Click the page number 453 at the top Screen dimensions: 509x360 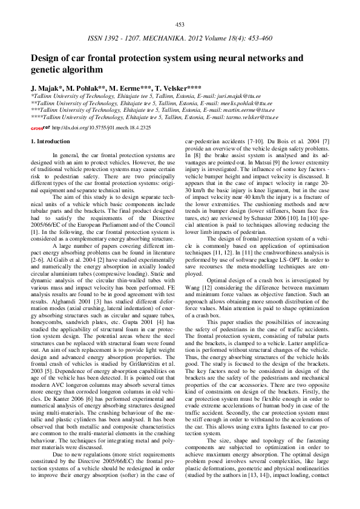pyautogui.click(x=180, y=25)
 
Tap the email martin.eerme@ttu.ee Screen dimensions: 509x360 pyautogui.click(x=250, y=111)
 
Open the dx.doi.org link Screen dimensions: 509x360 pyautogui.click(x=101, y=128)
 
